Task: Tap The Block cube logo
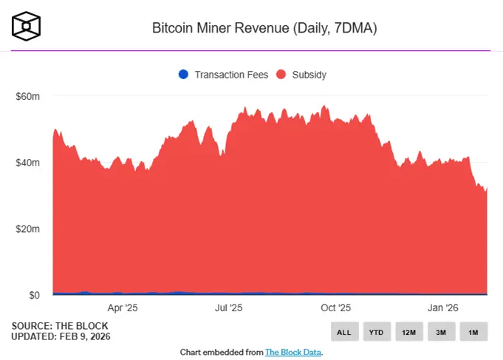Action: [27, 26]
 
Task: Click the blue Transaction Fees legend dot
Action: [183, 74]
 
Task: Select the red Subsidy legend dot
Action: [281, 74]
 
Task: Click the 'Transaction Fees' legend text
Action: [231, 75]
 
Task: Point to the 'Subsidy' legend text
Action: [309, 75]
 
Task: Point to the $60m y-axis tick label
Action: [27, 96]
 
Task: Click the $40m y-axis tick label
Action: [27, 163]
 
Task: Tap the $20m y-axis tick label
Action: [27, 229]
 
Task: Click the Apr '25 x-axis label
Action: [123, 307]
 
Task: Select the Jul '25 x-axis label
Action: [229, 307]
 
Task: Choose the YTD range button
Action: [376, 332]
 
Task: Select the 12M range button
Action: [408, 332]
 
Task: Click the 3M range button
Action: [441, 332]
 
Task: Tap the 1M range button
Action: [473, 332]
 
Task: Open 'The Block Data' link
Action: [293, 352]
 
